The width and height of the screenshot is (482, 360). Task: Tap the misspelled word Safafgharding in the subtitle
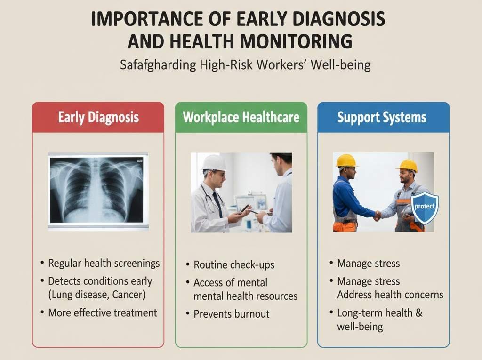[158, 64]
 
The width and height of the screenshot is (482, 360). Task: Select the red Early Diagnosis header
[98, 117]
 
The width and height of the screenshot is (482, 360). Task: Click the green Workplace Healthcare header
[241, 117]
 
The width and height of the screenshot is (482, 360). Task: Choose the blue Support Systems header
[382, 117]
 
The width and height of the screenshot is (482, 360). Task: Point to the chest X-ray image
[98, 190]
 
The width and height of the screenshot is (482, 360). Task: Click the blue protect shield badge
[425, 208]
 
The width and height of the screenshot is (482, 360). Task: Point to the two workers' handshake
[378, 215]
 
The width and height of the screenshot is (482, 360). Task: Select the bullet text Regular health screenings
[104, 263]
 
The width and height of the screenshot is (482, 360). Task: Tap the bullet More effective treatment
[103, 312]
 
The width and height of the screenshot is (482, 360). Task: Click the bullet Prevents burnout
[232, 314]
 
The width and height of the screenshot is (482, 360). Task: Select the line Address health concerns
[390, 295]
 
